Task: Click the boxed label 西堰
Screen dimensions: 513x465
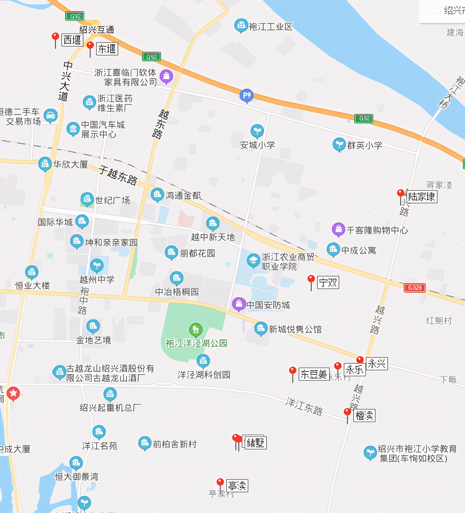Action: tap(72, 40)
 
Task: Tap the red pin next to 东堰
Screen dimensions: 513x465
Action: tap(90, 46)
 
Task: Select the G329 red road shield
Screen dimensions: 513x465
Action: tap(414, 288)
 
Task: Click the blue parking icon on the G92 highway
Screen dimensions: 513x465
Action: tap(247, 96)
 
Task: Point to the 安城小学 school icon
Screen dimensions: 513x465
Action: tap(257, 131)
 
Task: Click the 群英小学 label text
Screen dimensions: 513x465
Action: tap(364, 145)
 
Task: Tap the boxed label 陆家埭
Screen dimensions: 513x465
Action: tap(421, 197)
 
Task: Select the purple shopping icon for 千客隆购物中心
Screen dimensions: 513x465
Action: tap(339, 229)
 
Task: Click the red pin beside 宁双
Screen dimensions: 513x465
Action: tap(311, 279)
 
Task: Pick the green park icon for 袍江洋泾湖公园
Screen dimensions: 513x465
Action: tap(196, 329)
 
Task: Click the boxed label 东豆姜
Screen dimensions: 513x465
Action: tap(314, 374)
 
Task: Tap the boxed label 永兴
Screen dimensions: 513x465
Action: tap(377, 364)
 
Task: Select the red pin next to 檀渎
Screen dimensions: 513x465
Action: tap(347, 412)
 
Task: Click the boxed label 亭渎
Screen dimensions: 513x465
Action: tap(237, 486)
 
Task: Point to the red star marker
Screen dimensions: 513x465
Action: tap(13, 394)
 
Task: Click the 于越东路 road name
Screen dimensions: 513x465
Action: tap(118, 175)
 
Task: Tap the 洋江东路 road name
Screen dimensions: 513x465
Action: tap(304, 406)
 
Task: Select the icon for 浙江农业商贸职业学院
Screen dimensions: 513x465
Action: tap(253, 260)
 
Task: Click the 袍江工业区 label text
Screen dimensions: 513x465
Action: tap(271, 27)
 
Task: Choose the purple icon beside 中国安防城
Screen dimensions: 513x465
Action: tap(239, 304)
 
